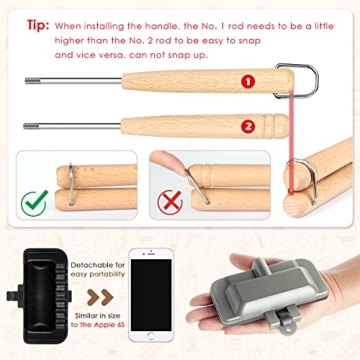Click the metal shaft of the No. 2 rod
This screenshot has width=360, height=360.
click(75, 125)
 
